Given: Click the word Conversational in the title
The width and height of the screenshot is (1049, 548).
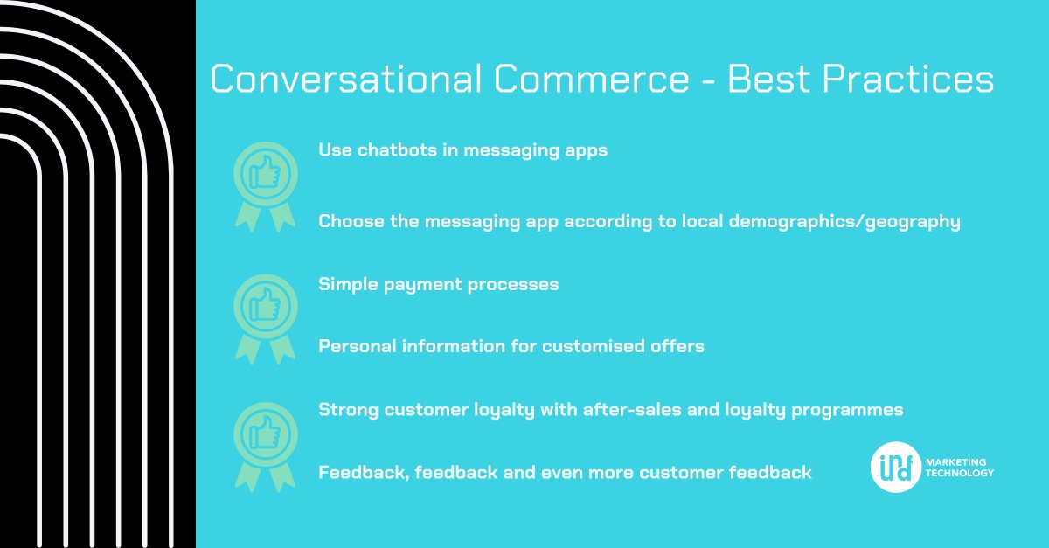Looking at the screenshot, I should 346,80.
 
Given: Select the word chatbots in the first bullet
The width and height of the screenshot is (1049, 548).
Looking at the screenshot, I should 399,150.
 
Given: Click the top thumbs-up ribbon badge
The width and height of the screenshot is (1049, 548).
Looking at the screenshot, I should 265,179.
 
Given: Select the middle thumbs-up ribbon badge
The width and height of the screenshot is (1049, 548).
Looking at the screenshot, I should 265,312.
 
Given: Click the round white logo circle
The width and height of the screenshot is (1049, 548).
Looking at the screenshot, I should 895,467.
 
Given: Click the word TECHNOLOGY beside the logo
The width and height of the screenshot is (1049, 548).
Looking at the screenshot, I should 962,473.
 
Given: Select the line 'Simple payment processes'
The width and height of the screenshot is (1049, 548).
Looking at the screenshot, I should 438,285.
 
